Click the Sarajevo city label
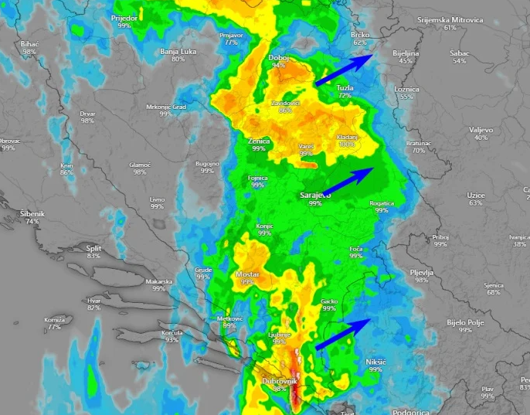[314, 196]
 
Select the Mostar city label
[247, 274]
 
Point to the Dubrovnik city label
[280, 381]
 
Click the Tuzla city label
[345, 88]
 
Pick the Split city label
[93, 248]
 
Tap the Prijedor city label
[124, 17]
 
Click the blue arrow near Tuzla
[345, 70]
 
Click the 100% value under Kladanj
[348, 145]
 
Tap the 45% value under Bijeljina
[406, 60]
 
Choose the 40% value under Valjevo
[481, 138]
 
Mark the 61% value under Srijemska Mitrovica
[450, 28]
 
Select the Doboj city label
[278, 58]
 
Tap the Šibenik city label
[32, 213]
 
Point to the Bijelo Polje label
[464, 321]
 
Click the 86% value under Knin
[67, 172]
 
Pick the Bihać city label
[30, 44]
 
